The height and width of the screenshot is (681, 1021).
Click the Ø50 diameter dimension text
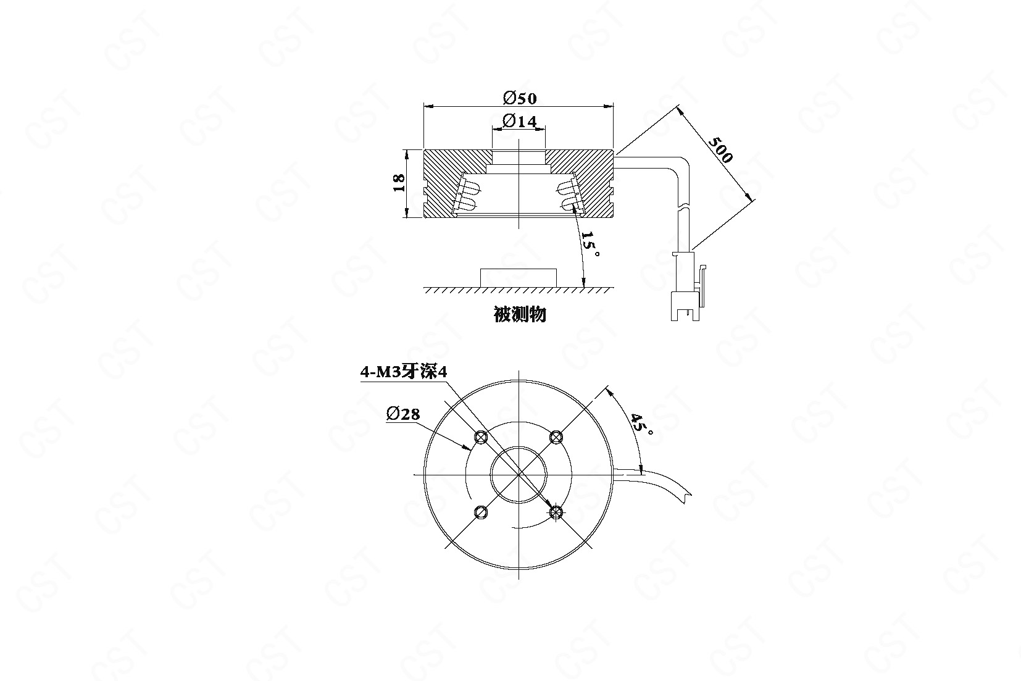520,98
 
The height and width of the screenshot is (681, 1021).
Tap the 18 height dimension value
398,183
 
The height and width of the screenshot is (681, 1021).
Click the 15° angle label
590,243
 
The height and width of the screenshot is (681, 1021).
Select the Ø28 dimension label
403,414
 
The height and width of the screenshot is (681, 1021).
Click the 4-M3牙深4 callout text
403,372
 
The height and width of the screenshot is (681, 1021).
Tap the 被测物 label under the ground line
520,314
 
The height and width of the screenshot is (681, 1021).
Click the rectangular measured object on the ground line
519,278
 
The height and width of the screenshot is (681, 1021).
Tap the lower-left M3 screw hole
480,512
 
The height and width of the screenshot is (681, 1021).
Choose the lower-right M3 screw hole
555,512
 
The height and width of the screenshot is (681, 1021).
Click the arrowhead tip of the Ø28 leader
471,450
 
